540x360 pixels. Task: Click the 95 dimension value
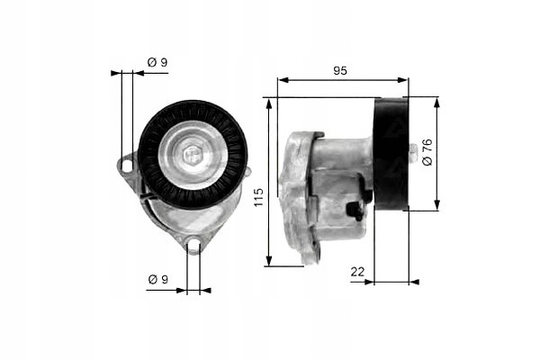coord(340,70)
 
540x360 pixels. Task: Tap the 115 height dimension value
coord(258,197)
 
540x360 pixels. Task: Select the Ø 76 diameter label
coord(427,152)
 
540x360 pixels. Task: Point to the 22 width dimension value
coord(357,272)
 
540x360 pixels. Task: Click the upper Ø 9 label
coord(157,62)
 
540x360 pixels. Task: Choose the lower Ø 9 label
coord(158,279)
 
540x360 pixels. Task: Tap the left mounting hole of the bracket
coord(127,166)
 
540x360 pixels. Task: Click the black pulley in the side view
coord(391,154)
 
